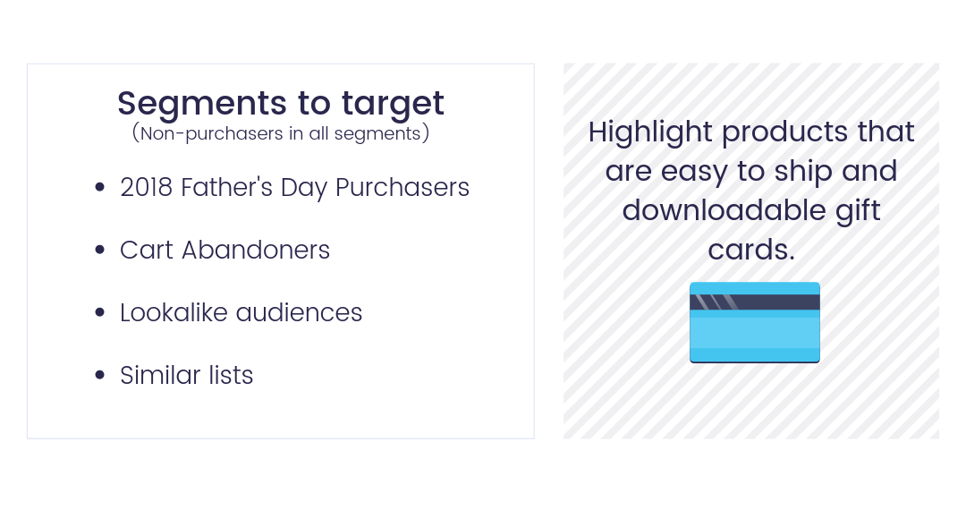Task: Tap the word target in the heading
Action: (x=393, y=103)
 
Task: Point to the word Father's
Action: (x=226, y=187)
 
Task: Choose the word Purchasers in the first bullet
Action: (x=402, y=188)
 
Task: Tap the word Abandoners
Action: (x=256, y=251)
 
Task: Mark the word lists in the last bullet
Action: (x=231, y=376)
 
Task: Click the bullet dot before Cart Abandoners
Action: (x=100, y=250)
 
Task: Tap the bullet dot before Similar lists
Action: (x=100, y=375)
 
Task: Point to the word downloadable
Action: (x=724, y=211)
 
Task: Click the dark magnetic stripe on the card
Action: (x=755, y=302)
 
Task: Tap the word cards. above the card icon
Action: (x=751, y=251)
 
